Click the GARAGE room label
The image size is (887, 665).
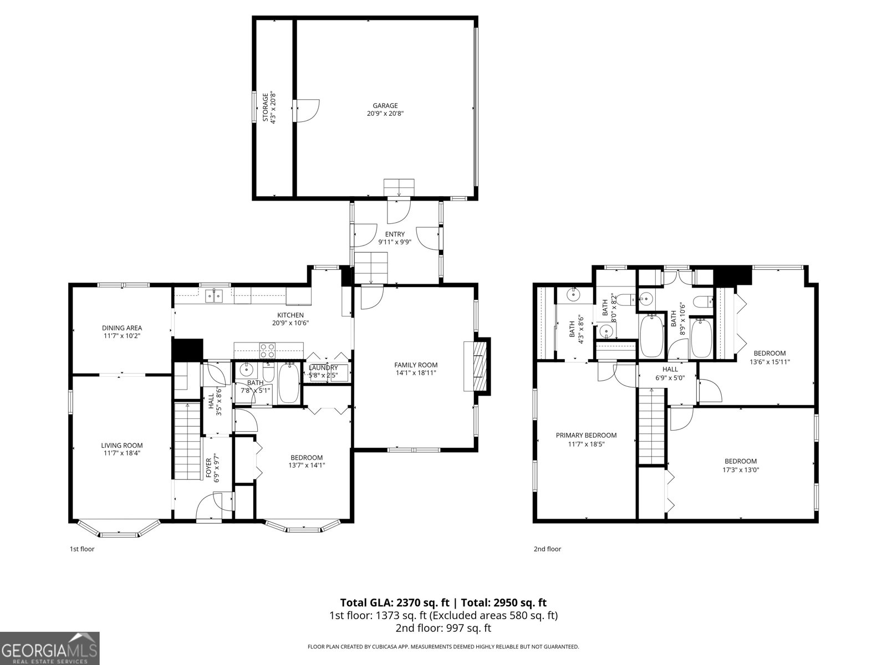[x=385, y=105]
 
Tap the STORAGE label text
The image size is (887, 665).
[x=266, y=107]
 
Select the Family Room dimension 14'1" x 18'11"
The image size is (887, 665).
[x=416, y=373]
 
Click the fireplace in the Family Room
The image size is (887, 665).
[x=477, y=366]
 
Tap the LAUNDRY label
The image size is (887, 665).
[x=323, y=367]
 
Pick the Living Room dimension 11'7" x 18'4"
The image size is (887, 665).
[x=122, y=453]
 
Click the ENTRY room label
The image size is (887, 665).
[x=395, y=234]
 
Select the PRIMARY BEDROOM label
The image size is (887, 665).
[x=586, y=435]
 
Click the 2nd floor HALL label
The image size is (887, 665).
[x=670, y=369]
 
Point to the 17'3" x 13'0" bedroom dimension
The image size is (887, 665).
[x=741, y=469]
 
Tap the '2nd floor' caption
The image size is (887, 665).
[x=547, y=549]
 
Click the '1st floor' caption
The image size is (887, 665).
[x=81, y=549]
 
